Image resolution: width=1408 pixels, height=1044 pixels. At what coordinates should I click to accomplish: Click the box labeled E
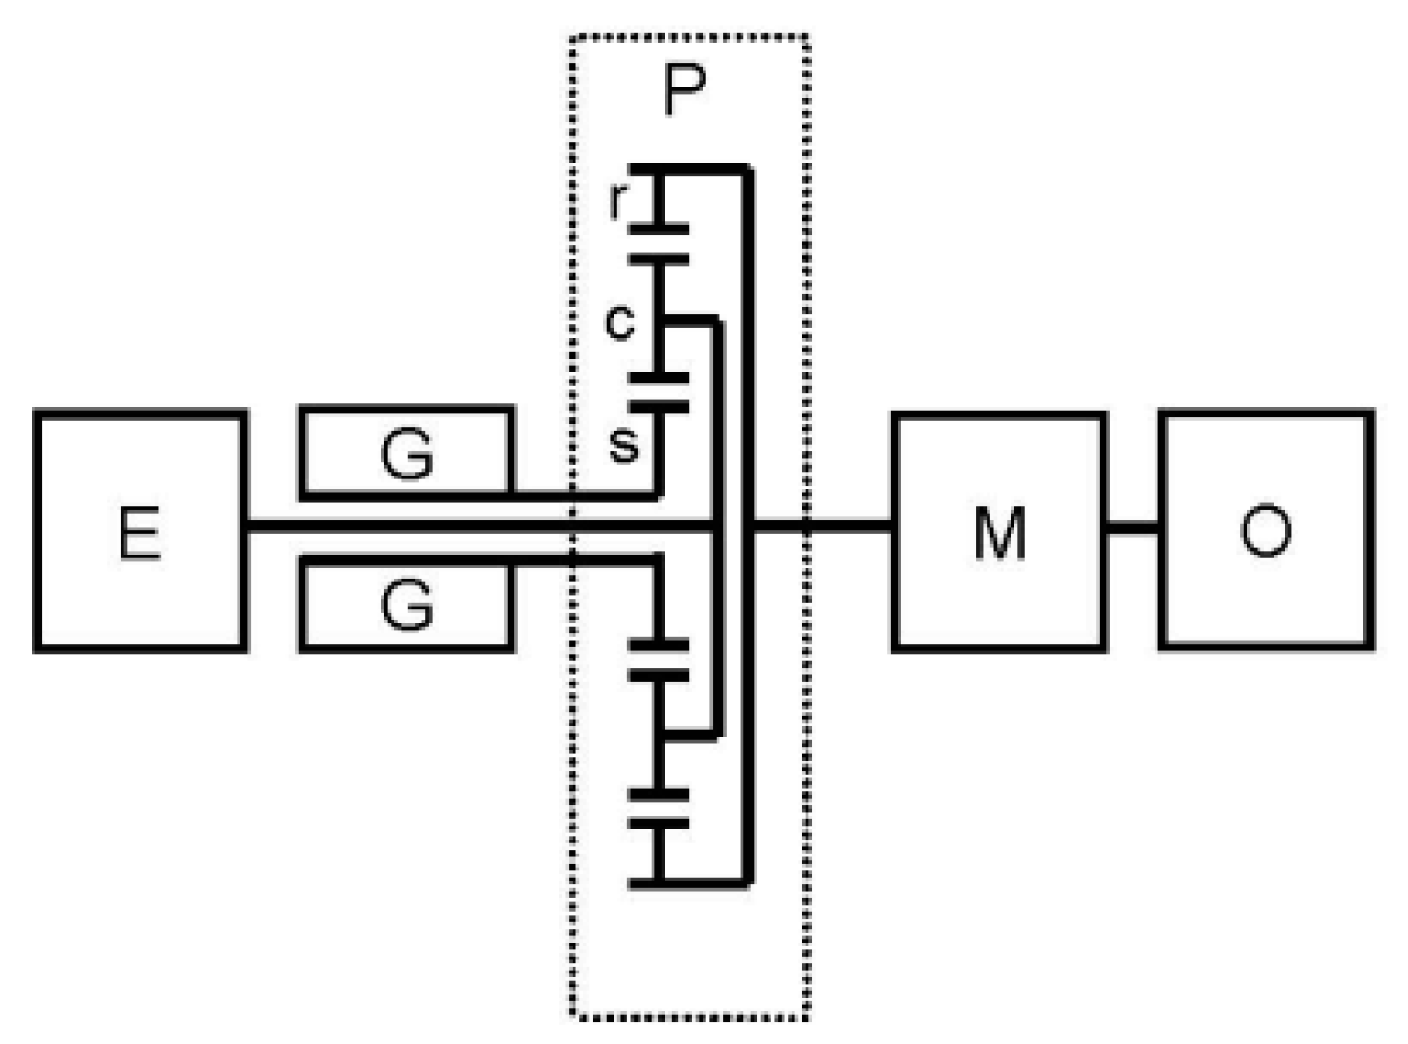point(139,530)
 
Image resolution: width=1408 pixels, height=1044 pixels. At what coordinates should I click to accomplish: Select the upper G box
point(406,453)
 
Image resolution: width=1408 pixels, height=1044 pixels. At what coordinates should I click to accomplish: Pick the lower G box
point(406,605)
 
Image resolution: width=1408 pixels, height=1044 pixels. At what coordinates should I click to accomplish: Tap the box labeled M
point(999,530)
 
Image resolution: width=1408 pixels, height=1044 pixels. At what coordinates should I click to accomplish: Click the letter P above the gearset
point(685,91)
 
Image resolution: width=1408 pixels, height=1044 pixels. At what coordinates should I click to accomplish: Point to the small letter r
point(618,200)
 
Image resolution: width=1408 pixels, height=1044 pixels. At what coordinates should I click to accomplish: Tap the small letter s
point(624,444)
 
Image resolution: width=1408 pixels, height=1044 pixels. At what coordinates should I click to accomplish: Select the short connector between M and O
point(1132,529)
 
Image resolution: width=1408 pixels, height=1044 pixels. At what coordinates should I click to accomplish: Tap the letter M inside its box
point(1000,533)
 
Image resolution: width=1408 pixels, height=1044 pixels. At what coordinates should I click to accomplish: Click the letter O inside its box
point(1265,530)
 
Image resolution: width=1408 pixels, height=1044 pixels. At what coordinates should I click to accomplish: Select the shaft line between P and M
point(821,529)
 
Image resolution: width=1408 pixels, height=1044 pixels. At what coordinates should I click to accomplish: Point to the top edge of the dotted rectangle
point(688,37)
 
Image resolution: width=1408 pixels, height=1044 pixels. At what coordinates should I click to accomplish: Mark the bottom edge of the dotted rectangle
point(688,1017)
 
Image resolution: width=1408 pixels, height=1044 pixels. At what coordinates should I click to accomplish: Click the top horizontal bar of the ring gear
point(691,169)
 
